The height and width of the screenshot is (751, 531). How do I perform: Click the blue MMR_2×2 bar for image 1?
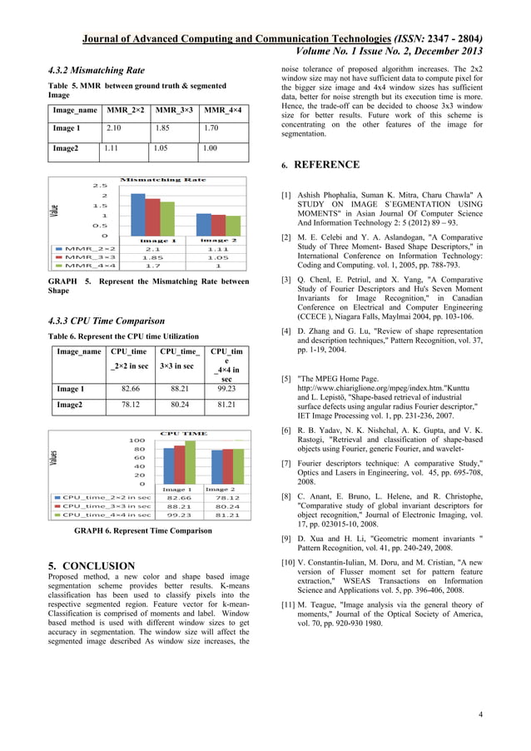point(139,216)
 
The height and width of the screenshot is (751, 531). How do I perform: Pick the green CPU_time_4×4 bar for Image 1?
point(190,462)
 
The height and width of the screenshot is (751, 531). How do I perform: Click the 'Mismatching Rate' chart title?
point(163,179)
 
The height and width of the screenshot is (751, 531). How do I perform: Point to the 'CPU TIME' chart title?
point(183,434)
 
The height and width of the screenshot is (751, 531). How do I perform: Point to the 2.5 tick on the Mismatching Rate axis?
point(99,186)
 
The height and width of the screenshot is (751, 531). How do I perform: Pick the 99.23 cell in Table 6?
point(225,388)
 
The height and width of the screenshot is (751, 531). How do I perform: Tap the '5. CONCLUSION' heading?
point(92,566)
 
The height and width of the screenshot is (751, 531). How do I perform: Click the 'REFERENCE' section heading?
point(327,164)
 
